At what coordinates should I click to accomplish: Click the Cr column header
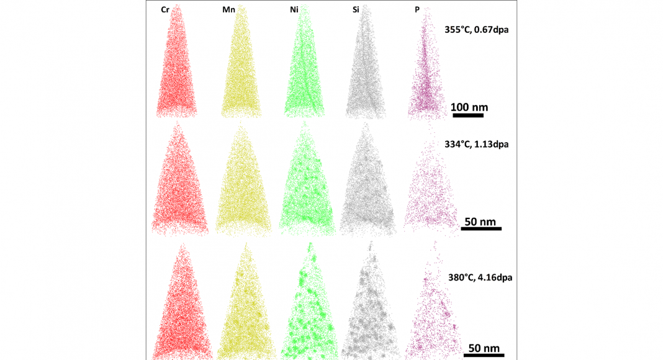[165, 10]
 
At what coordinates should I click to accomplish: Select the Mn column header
[228, 10]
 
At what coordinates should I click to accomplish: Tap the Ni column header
[295, 10]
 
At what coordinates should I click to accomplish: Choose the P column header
[417, 10]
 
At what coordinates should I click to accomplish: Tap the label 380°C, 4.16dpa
[480, 277]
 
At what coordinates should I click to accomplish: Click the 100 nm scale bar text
[469, 106]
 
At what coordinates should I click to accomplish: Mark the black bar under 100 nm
[468, 115]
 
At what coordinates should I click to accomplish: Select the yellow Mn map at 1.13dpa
[243, 186]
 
